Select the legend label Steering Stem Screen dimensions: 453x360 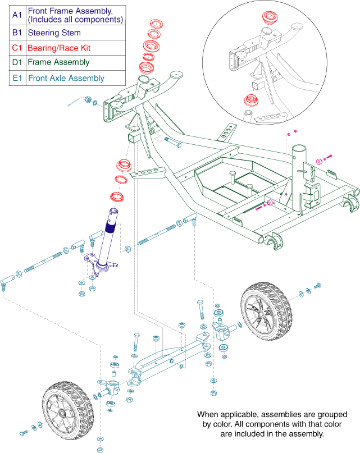pos(53,33)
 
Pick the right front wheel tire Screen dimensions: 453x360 pos(267,312)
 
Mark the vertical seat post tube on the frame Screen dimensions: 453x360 pos(298,168)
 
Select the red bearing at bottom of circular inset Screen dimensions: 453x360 pos(249,102)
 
